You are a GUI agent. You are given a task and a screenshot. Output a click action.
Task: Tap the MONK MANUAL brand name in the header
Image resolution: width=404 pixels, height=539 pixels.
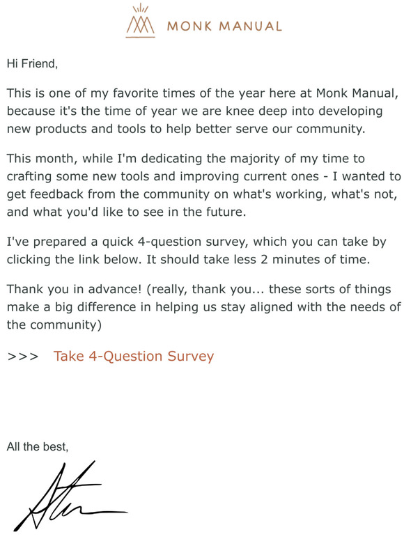[x=224, y=26]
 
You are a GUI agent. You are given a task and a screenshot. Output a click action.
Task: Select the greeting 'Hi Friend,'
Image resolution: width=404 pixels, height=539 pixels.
[x=32, y=63]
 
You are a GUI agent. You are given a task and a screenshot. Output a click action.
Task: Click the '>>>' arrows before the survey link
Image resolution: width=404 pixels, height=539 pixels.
[x=22, y=357]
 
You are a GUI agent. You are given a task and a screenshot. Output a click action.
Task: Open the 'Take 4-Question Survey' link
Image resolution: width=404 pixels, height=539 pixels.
[x=134, y=357]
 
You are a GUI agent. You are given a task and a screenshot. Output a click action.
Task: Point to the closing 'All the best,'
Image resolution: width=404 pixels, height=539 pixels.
[x=38, y=446]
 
